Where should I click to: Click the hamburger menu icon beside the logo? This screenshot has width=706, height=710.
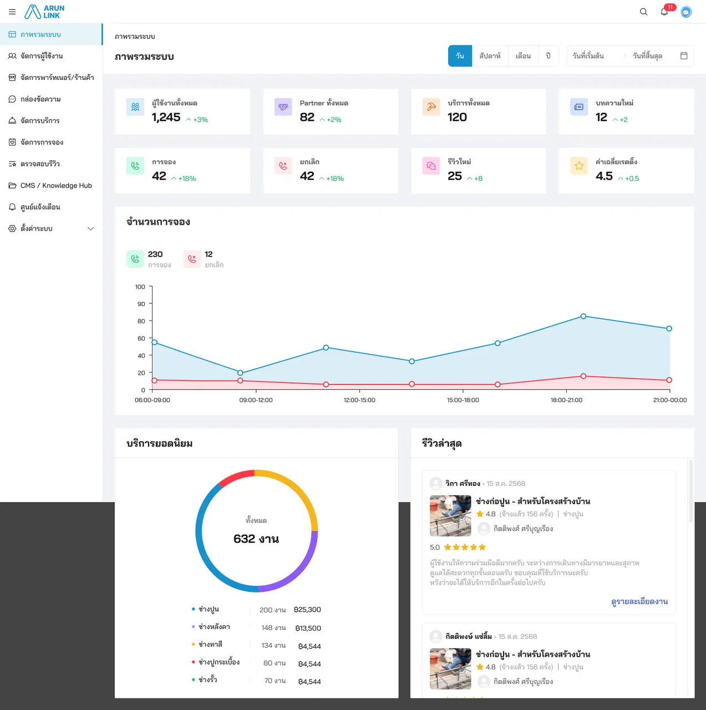(x=12, y=12)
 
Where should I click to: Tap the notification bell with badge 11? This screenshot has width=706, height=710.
(x=664, y=12)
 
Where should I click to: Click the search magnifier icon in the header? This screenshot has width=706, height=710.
(x=643, y=12)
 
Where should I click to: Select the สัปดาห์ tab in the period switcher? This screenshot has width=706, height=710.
(x=490, y=55)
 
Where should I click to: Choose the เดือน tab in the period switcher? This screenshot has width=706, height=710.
(x=523, y=55)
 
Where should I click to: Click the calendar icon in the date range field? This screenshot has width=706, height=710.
(x=684, y=55)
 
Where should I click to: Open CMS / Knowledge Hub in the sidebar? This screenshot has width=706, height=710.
(x=56, y=185)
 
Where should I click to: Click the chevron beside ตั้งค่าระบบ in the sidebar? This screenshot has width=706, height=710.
(x=90, y=229)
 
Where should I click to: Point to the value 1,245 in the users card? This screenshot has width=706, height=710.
(x=166, y=117)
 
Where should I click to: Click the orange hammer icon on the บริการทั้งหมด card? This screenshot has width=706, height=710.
(x=431, y=107)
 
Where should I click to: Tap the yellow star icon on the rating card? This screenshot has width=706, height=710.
(x=579, y=166)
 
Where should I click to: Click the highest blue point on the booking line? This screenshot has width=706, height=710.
(x=583, y=316)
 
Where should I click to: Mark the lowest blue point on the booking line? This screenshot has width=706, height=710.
(x=240, y=373)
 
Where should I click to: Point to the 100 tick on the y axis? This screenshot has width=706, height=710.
(x=140, y=287)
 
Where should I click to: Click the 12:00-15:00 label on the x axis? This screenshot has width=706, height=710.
(x=359, y=400)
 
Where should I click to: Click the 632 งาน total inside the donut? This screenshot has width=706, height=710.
(x=256, y=539)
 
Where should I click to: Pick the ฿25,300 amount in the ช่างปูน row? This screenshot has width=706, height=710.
(x=307, y=610)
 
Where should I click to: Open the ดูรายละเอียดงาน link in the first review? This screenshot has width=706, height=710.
(x=639, y=602)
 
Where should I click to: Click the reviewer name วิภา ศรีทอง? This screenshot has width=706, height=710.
(x=463, y=483)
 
